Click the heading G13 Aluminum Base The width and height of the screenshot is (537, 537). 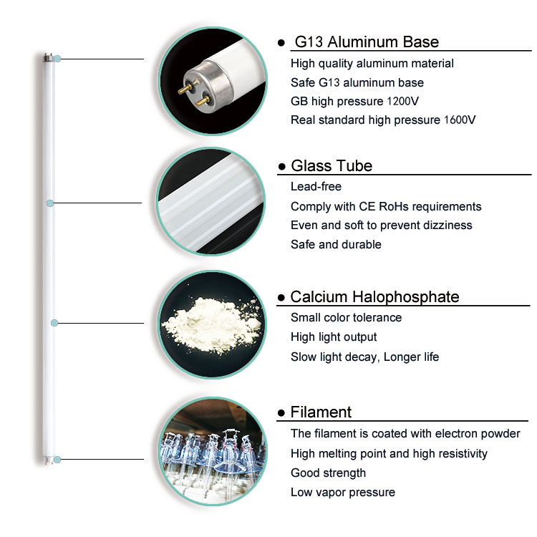pyautogui.click(x=367, y=42)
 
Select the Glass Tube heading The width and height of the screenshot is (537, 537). pyautogui.click(x=332, y=166)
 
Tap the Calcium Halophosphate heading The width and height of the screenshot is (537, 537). pyautogui.click(x=374, y=297)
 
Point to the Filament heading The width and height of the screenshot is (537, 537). pyautogui.click(x=321, y=412)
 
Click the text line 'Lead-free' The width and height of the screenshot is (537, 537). pyautogui.click(x=316, y=187)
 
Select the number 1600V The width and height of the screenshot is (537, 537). pyautogui.click(x=460, y=120)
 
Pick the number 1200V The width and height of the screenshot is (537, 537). pyautogui.click(x=403, y=102)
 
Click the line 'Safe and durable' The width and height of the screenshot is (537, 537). pyautogui.click(x=336, y=245)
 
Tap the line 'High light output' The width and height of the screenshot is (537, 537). pyautogui.click(x=334, y=337)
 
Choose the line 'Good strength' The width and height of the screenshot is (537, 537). pyautogui.click(x=328, y=473)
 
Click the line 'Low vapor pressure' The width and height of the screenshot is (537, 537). pyautogui.click(x=343, y=493)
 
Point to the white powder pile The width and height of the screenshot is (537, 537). pyautogui.click(x=213, y=324)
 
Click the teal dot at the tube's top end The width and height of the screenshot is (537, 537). pyautogui.click(x=57, y=59)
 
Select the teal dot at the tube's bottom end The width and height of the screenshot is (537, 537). pyautogui.click(x=57, y=460)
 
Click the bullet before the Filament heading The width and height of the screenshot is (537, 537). pyautogui.click(x=281, y=413)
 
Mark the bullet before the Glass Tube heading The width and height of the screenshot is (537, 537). pyautogui.click(x=282, y=167)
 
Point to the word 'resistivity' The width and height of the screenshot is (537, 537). pyautogui.click(x=463, y=454)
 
